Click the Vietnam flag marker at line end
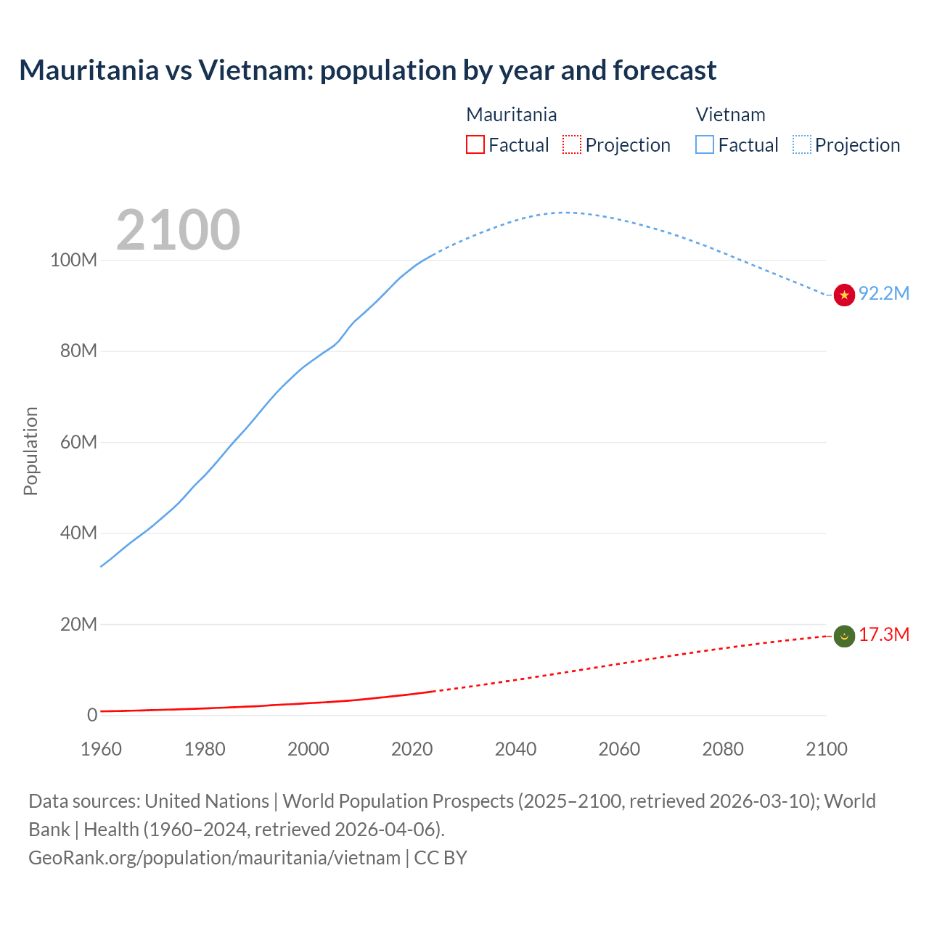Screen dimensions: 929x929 tap(844, 295)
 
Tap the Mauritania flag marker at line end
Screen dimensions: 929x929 tap(844, 637)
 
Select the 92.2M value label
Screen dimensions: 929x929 tap(883, 293)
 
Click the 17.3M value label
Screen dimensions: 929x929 tap(883, 634)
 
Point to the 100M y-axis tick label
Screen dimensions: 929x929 tap(73, 260)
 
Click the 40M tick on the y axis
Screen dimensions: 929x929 tap(78, 533)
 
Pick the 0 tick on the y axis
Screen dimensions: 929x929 tap(92, 715)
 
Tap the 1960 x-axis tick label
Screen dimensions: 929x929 tap(101, 749)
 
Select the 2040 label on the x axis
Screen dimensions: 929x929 tap(515, 749)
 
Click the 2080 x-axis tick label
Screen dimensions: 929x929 tap(723, 749)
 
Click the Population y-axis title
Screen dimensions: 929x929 tap(30, 451)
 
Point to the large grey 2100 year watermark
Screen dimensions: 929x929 tap(178, 230)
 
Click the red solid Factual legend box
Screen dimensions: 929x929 tap(475, 144)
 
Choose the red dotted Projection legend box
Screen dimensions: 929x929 tap(572, 144)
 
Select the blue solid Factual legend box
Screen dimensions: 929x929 tap(705, 144)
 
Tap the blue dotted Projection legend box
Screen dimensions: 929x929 tap(802, 144)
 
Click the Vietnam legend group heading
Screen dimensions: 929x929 tap(730, 115)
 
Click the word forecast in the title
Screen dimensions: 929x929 tap(664, 70)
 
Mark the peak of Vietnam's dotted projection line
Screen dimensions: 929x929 tap(565, 212)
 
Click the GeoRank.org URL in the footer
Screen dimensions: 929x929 tap(214, 857)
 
